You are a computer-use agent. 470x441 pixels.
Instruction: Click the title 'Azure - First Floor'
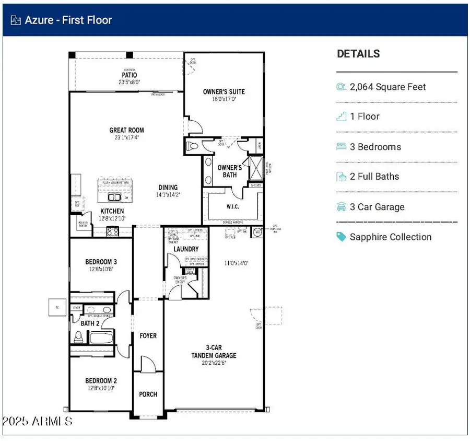click(x=68, y=20)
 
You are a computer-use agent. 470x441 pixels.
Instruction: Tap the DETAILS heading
click(x=358, y=54)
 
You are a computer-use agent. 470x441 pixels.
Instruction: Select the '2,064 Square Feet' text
click(x=388, y=87)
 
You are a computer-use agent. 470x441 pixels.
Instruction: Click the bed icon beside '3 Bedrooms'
click(x=342, y=147)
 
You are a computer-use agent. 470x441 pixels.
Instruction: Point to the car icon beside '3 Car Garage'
click(x=342, y=207)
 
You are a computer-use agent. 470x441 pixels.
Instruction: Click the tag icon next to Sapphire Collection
click(x=342, y=237)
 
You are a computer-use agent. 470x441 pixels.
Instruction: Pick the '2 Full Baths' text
click(x=374, y=177)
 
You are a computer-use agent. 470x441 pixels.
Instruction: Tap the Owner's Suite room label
click(x=224, y=91)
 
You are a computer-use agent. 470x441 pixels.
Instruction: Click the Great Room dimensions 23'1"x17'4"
click(x=126, y=138)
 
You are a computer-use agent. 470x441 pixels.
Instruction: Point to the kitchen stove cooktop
click(x=113, y=231)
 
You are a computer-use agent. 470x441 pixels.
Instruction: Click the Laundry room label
click(x=186, y=249)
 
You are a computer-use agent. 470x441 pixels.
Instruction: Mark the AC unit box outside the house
click(x=57, y=307)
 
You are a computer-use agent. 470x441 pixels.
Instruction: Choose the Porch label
click(x=148, y=394)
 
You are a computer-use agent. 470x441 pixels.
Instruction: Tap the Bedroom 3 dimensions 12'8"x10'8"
click(x=100, y=269)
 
